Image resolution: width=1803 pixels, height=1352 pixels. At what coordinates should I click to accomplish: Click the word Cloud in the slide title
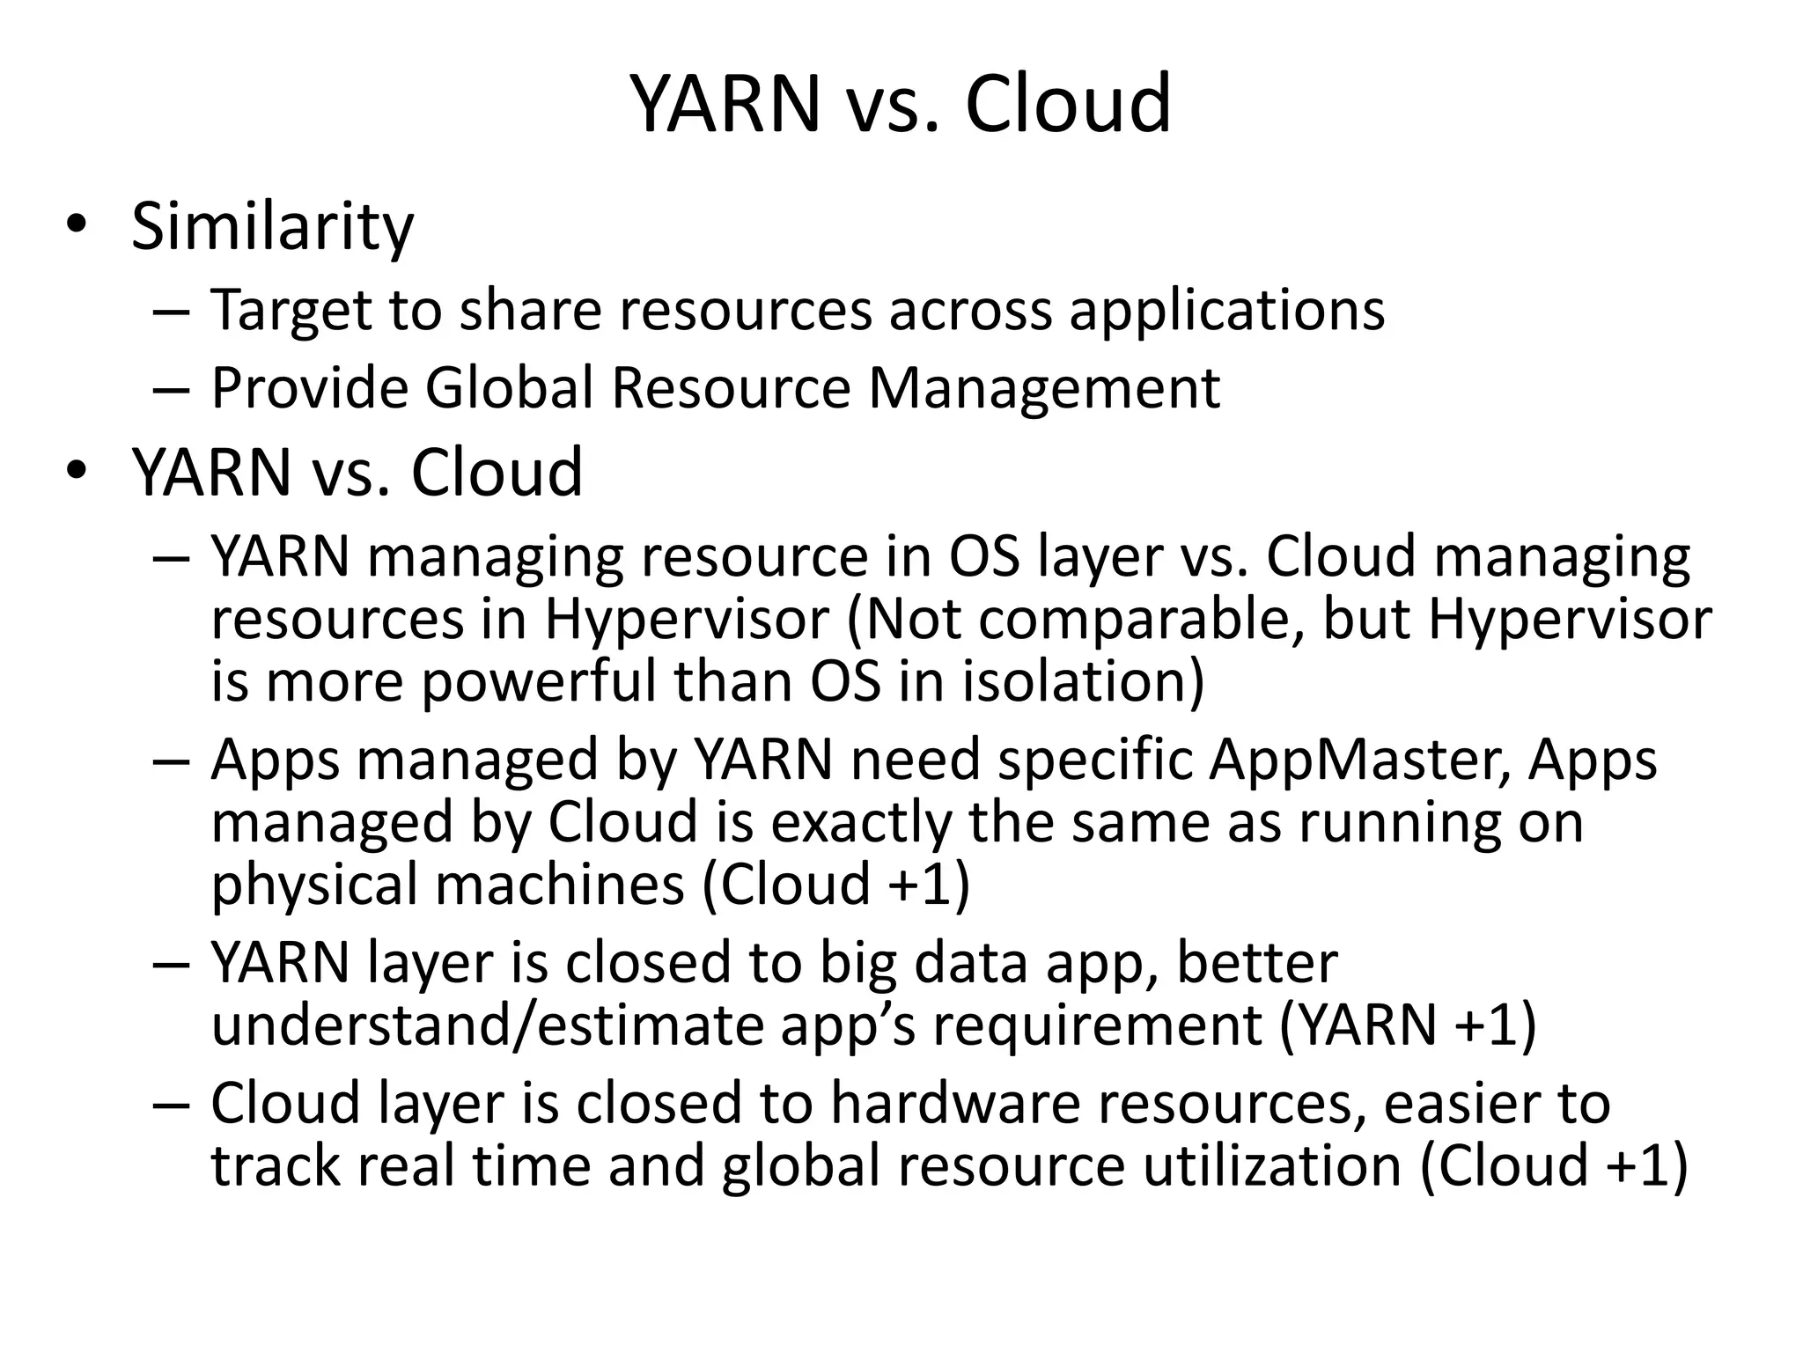1067,104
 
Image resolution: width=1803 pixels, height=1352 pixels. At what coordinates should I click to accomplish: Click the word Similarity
272,227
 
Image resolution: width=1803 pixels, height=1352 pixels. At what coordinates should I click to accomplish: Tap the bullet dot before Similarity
77,224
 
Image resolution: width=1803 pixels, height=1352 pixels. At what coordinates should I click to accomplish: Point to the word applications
1226,311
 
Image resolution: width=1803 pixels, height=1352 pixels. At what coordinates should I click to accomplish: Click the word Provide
310,387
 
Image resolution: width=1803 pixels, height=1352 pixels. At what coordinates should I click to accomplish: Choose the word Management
1044,387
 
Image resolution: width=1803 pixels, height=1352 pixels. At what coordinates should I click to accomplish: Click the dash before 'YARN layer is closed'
170,964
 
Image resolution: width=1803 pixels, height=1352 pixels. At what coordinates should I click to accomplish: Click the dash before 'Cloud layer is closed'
170,1105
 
